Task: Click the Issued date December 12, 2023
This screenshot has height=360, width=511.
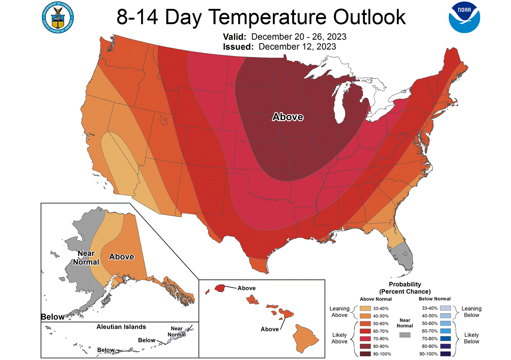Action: point(297,46)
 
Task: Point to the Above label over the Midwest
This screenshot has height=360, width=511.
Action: point(288,117)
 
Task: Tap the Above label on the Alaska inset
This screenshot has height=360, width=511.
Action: point(122,257)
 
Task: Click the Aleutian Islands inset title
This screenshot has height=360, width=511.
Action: point(121,327)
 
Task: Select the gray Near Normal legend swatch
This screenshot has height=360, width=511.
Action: point(405,335)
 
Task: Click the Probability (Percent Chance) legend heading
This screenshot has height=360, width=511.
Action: point(405,288)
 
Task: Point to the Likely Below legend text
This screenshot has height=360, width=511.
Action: point(471,338)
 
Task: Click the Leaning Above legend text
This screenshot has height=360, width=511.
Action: point(340,312)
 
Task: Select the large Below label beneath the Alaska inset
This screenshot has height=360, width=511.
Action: point(53,317)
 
